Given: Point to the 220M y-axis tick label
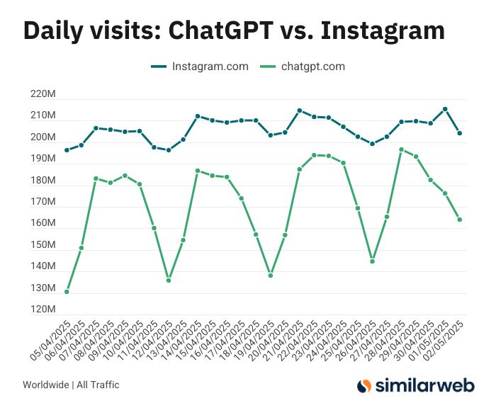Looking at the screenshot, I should (x=43, y=94).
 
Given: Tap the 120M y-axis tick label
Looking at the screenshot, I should (x=43, y=310).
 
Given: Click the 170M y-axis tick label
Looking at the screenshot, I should (x=43, y=202).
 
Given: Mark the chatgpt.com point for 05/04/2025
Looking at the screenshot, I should (x=67, y=292).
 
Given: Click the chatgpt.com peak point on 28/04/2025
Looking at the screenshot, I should (x=401, y=149).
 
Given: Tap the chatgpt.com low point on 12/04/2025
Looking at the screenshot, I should (x=169, y=280).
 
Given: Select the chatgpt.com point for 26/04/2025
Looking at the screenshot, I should (x=372, y=261).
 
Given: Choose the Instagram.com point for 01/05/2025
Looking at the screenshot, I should (x=445, y=109).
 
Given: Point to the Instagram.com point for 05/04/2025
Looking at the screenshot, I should (x=67, y=150).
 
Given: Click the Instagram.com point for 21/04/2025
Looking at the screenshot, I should (x=299, y=110).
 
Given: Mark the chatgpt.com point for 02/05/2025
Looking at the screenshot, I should (x=459, y=220).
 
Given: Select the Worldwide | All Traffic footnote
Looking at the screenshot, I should (x=71, y=385).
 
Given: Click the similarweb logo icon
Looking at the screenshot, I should (x=364, y=385).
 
